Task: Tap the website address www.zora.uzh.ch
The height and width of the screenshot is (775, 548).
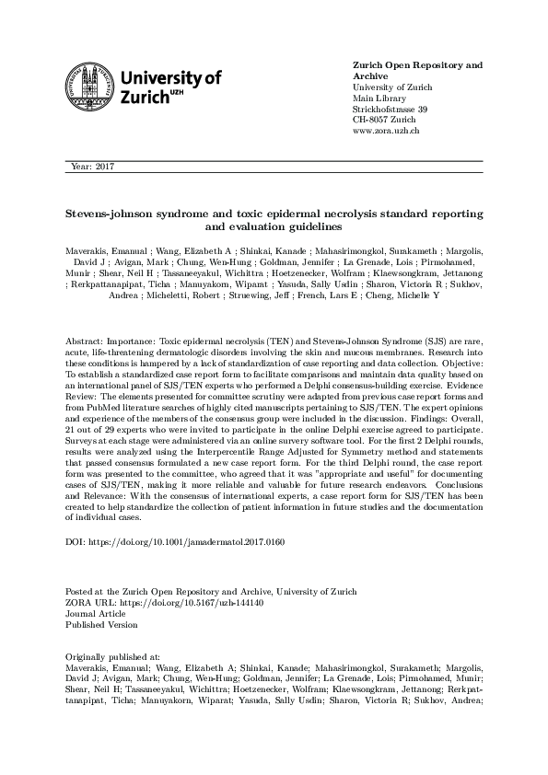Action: point(387,133)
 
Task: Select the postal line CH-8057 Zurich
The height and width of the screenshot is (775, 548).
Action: point(386,121)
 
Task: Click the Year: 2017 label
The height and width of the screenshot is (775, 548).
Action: point(90,167)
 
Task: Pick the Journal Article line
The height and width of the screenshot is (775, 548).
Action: point(92,613)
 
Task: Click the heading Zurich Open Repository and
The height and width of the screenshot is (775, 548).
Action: point(417,66)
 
